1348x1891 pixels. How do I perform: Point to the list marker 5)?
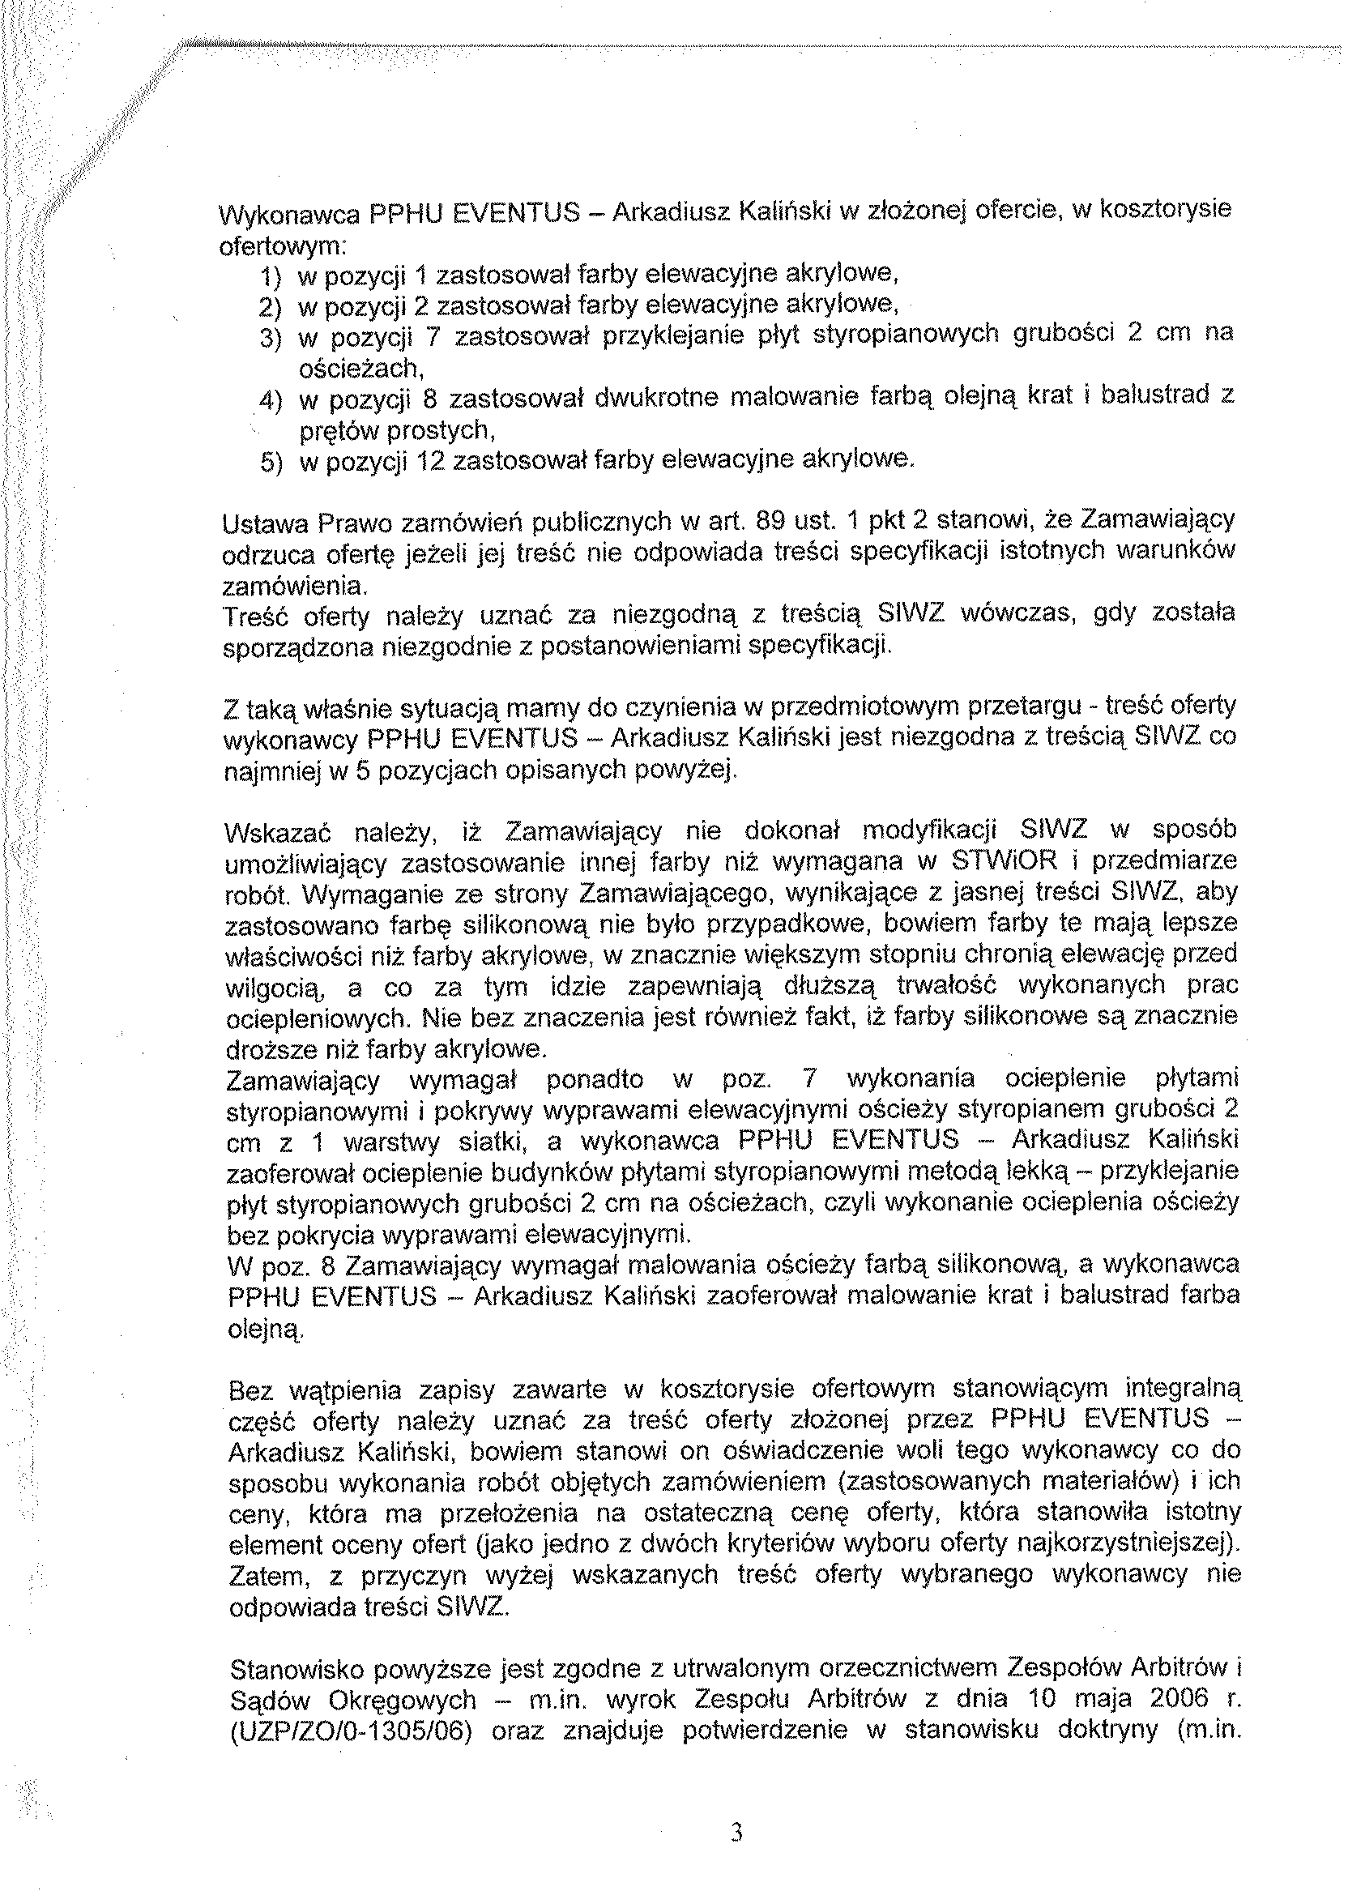click(271, 463)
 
